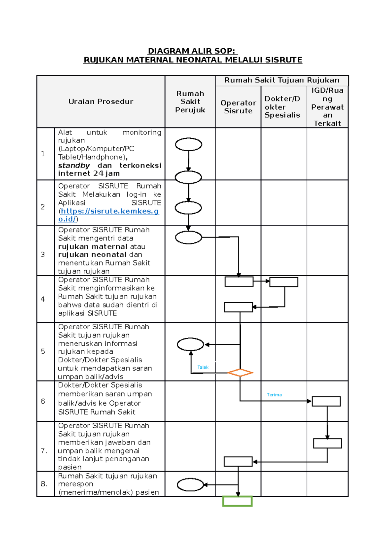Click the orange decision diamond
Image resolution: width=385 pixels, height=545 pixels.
point(240,373)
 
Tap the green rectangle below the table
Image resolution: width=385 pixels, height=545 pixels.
point(237,501)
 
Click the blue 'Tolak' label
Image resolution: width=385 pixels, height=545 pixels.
point(203,367)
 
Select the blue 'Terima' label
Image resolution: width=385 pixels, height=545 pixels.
point(274,395)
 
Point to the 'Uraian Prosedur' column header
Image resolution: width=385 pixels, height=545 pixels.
point(101,102)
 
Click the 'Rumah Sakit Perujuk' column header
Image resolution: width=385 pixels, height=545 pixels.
point(190,102)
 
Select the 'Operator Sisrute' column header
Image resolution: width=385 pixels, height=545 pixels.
point(238,107)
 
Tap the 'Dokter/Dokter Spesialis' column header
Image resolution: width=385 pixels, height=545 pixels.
point(282,107)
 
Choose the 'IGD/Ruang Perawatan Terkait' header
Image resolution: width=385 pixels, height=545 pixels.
point(327,107)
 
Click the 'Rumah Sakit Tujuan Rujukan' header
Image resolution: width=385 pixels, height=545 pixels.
point(282,80)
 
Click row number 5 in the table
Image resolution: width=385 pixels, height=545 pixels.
point(43,351)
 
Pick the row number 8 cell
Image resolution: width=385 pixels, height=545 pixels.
point(44,484)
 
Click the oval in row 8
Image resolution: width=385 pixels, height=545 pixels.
point(190,485)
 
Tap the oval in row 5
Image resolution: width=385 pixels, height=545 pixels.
point(191,344)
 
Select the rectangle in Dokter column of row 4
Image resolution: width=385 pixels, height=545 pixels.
point(284,282)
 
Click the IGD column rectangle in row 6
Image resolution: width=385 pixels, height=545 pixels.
point(326,401)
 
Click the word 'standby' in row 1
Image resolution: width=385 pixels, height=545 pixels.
point(74,166)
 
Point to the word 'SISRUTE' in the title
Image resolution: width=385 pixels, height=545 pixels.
point(284,60)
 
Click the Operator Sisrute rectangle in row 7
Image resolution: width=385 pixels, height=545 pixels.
point(238,462)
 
